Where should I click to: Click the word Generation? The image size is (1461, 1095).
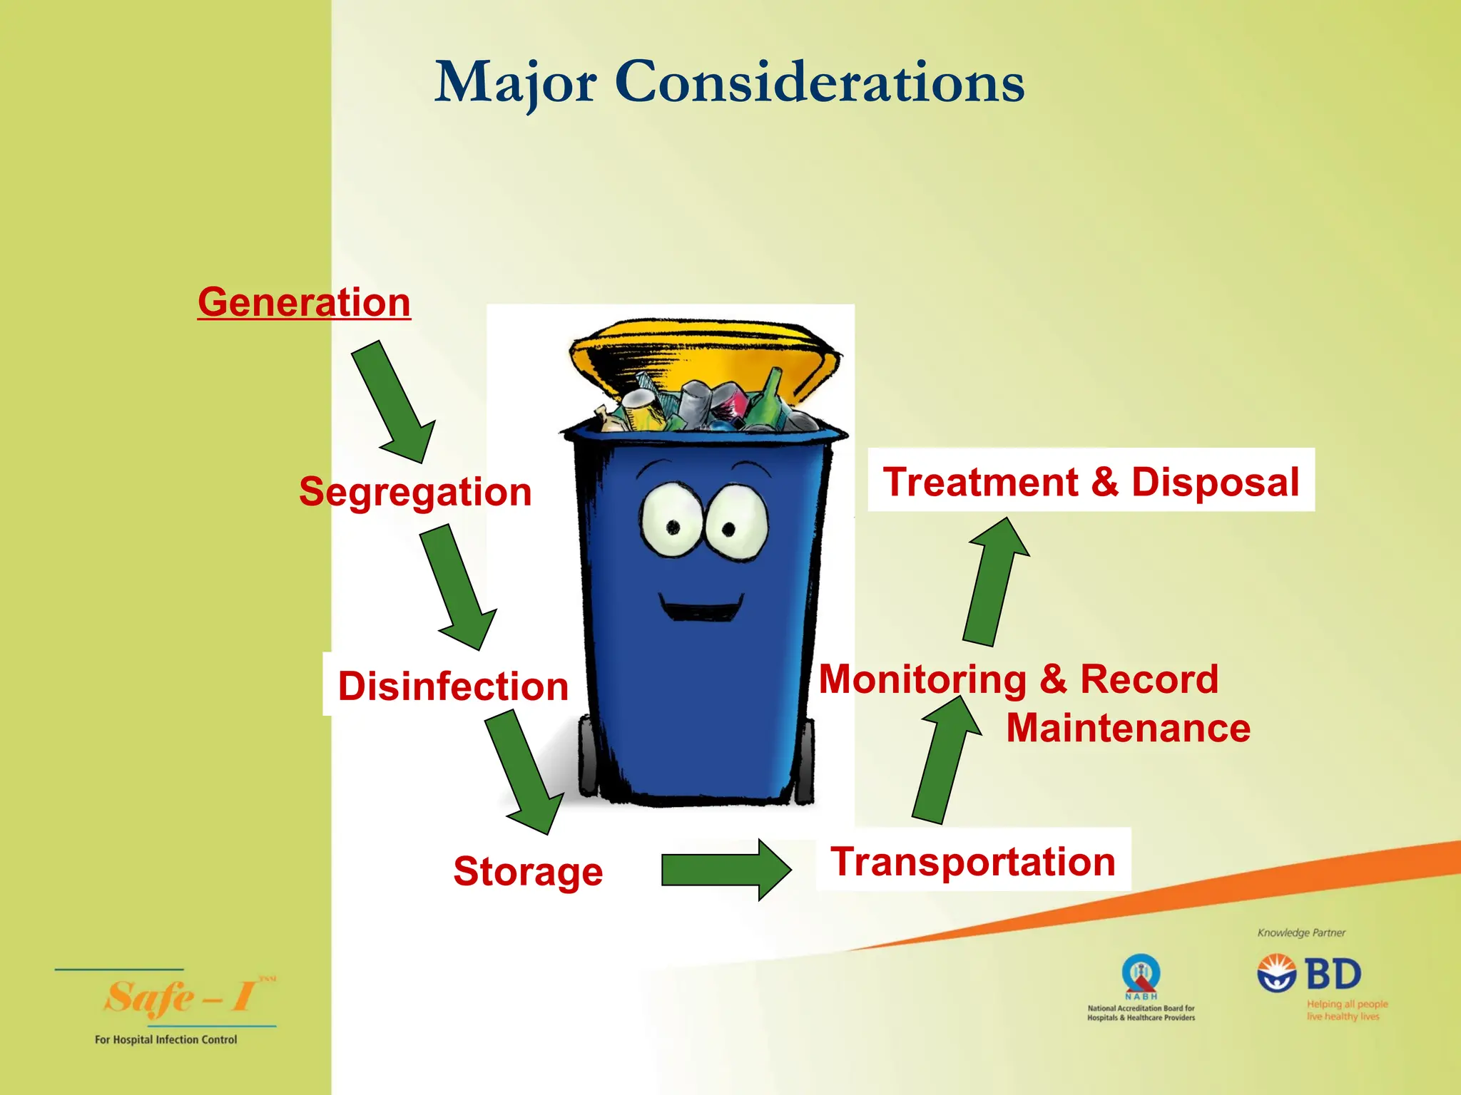point(304,302)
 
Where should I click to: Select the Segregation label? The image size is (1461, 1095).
point(415,492)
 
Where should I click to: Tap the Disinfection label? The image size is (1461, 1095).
point(453,686)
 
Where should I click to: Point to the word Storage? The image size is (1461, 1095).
point(528,871)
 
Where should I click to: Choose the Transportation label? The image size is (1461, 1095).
point(973,861)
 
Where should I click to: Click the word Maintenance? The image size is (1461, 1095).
point(1128,728)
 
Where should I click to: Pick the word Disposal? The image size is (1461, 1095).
point(1215,482)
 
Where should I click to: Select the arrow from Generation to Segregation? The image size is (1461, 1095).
point(394,402)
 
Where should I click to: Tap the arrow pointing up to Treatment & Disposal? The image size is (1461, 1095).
point(994,585)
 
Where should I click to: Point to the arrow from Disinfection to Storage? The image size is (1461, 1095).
point(524,773)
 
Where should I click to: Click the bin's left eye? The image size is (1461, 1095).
point(671,520)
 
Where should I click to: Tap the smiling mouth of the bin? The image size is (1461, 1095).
point(701,610)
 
